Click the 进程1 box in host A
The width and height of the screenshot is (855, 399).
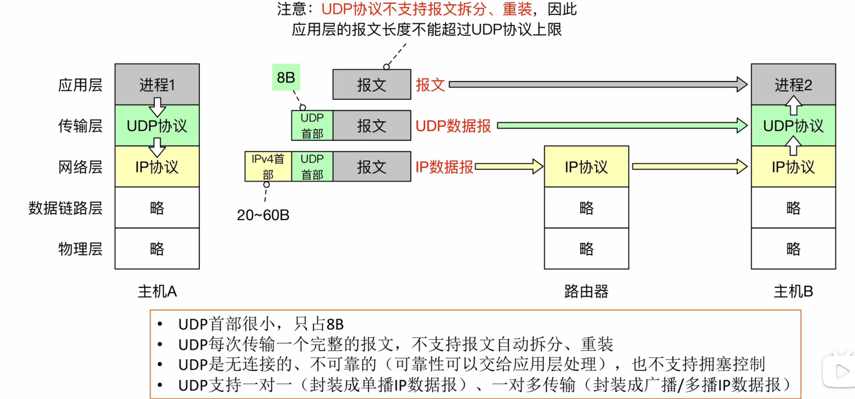pos(157,84)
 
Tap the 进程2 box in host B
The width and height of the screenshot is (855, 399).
pos(793,84)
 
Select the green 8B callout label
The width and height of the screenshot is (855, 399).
pos(286,77)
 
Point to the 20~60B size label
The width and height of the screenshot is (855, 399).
pos(263,215)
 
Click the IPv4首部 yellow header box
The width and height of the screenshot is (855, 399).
pos(268,166)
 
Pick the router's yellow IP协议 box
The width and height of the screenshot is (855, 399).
pos(586,166)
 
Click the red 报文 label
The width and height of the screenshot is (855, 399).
pos(430,85)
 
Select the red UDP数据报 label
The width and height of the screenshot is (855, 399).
pos(453,126)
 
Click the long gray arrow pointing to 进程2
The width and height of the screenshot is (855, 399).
pos(598,84)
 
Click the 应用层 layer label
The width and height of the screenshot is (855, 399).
pos(80,85)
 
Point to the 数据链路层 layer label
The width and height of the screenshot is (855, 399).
pos(65,208)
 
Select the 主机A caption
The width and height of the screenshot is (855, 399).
pos(157,291)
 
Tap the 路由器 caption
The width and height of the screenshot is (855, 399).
pos(586,291)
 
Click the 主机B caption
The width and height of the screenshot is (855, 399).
pos(793,291)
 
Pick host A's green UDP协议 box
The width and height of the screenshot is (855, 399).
pos(157,126)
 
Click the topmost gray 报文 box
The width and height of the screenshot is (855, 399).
pos(371,85)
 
